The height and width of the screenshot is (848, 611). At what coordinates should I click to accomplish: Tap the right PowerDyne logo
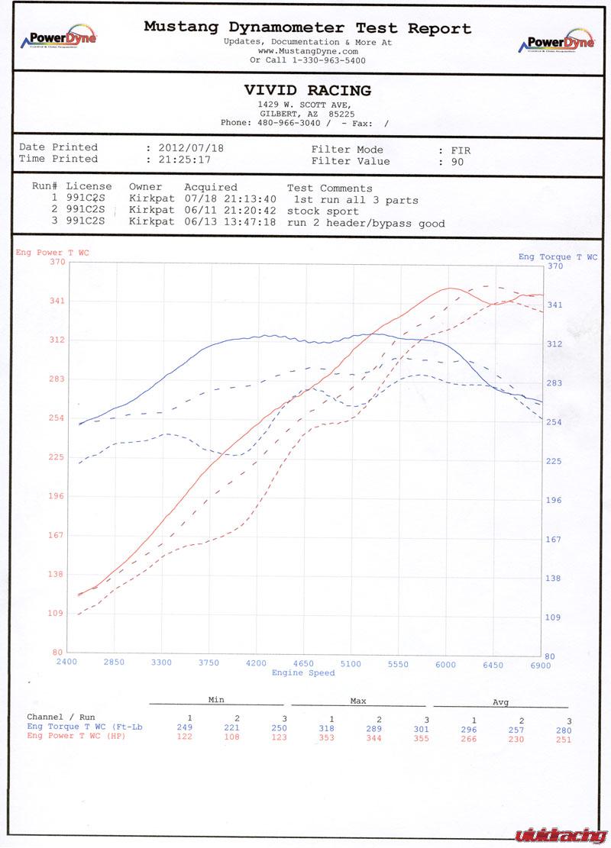[556, 42]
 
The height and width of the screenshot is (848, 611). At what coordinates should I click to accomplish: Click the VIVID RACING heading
[308, 91]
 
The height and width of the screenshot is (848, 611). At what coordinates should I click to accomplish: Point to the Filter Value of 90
[457, 162]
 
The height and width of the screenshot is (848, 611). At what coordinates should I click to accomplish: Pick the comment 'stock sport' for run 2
[323, 211]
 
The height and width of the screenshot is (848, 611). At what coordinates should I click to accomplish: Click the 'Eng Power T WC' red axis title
[51, 252]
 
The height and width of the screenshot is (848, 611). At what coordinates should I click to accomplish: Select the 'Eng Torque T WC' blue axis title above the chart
[558, 256]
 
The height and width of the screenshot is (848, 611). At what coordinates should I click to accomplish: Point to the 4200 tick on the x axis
[256, 663]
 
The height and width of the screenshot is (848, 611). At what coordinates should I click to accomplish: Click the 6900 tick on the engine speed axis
[540, 665]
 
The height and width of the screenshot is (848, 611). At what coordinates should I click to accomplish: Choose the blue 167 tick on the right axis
[553, 540]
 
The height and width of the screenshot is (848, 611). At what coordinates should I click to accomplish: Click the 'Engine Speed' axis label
[303, 672]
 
